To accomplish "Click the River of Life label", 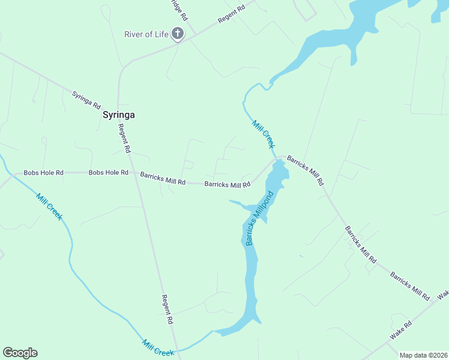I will tap(146, 34).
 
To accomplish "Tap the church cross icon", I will tap(178, 34).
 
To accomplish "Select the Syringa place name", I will tap(119, 115).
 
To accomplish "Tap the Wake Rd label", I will tap(401, 331).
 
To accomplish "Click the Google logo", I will tap(20, 353).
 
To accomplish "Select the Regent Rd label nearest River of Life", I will tap(232, 14).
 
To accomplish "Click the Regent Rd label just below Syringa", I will tap(125, 138).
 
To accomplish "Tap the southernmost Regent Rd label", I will tap(167, 310).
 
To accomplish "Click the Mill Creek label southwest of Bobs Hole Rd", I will tap(49, 206).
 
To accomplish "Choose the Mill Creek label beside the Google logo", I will tap(158, 347).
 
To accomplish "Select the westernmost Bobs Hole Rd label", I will tap(43, 173).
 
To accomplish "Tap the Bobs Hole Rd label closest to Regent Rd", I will tap(109, 173).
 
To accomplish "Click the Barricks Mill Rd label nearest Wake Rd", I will tap(410, 286).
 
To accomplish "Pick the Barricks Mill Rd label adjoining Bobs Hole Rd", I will tap(163, 178).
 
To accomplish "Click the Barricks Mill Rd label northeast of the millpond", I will tap(305, 170).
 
